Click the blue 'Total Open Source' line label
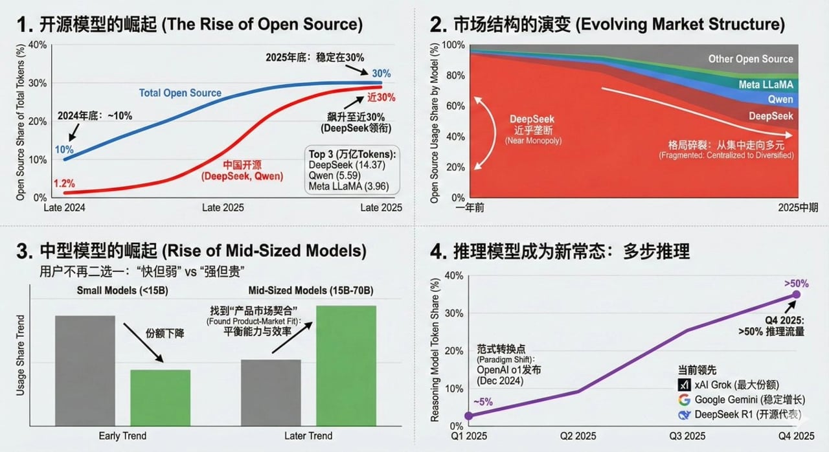pyautogui.click(x=180, y=93)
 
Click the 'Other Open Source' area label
pyautogui.click(x=750, y=59)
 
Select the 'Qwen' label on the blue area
pyautogui.click(x=780, y=100)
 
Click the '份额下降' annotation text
pyautogui.click(x=165, y=333)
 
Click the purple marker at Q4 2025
pyautogui.click(x=796, y=295)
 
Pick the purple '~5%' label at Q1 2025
pyautogui.click(x=483, y=401)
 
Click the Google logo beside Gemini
pyautogui.click(x=684, y=399)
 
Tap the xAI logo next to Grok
pyautogui.click(x=684, y=384)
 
